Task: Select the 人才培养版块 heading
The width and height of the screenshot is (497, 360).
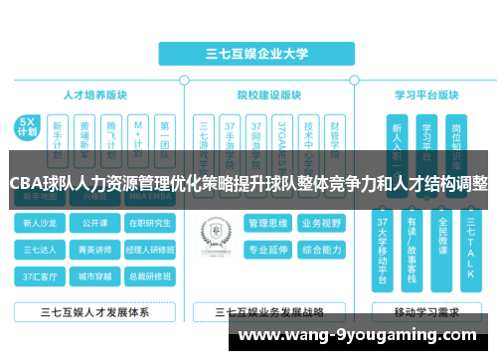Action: pos(95,95)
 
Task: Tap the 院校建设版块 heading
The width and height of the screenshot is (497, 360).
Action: pos(269,95)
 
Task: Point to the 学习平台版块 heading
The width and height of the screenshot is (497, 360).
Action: pos(425,95)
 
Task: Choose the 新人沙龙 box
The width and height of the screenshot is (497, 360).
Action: pos(42,223)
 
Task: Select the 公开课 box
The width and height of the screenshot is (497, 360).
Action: pos(95,223)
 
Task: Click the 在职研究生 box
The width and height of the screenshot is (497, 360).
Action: pos(150,223)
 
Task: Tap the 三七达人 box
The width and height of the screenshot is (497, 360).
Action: pos(42,249)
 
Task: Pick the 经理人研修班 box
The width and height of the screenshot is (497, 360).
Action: pos(150,249)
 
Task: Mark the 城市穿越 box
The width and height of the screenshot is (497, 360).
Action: pos(95,274)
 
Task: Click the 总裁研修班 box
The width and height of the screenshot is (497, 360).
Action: pos(150,274)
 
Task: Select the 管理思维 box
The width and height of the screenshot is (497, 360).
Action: pos(267,223)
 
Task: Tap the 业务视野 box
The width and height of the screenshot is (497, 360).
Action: pos(321,223)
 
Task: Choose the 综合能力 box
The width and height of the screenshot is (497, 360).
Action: pos(321,249)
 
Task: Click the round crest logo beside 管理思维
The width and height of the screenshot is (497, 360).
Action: pos(215,236)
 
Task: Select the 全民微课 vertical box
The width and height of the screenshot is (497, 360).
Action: pos(442,249)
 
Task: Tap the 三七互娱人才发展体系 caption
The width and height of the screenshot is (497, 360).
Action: pos(95,311)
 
